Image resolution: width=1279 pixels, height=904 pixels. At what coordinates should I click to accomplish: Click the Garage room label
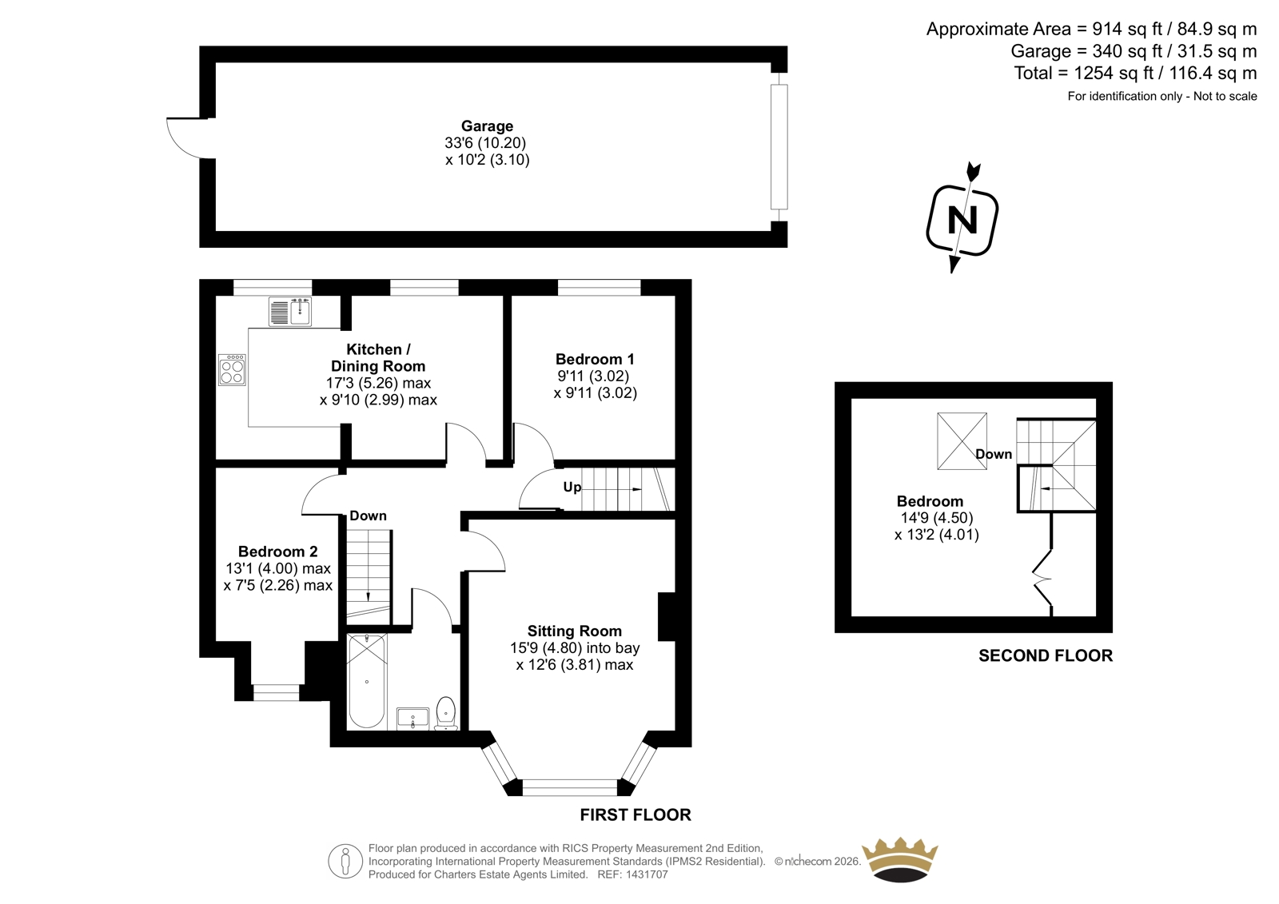point(487,126)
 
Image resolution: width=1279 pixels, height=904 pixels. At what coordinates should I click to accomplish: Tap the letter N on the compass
point(962,219)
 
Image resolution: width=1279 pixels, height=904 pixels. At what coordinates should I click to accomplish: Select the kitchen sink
point(290,312)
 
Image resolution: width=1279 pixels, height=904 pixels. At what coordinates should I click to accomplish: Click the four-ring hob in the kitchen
point(232,370)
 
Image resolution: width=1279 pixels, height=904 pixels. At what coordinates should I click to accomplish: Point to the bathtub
point(367,681)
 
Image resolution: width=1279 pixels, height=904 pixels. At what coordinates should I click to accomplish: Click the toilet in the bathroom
point(445,713)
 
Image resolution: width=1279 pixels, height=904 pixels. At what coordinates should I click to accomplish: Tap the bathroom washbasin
point(412,719)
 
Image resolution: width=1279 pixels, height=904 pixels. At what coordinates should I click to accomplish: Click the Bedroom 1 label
point(595,359)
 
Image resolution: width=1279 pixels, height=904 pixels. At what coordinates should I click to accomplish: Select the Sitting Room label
point(575,631)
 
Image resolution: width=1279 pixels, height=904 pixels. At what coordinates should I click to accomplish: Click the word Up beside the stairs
point(572,487)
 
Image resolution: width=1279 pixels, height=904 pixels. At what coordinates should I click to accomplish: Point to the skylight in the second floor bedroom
point(962,441)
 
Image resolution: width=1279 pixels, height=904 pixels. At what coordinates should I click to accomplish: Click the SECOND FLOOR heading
point(1046,655)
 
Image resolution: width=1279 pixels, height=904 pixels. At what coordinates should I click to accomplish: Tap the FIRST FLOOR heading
point(636,815)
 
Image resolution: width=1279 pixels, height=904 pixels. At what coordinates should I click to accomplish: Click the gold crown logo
point(900,859)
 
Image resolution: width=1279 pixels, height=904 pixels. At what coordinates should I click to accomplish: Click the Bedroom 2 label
point(277,552)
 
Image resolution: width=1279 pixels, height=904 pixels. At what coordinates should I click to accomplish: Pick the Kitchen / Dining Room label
point(378,357)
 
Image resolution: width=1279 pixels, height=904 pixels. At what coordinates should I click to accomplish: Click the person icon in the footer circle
point(345,862)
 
